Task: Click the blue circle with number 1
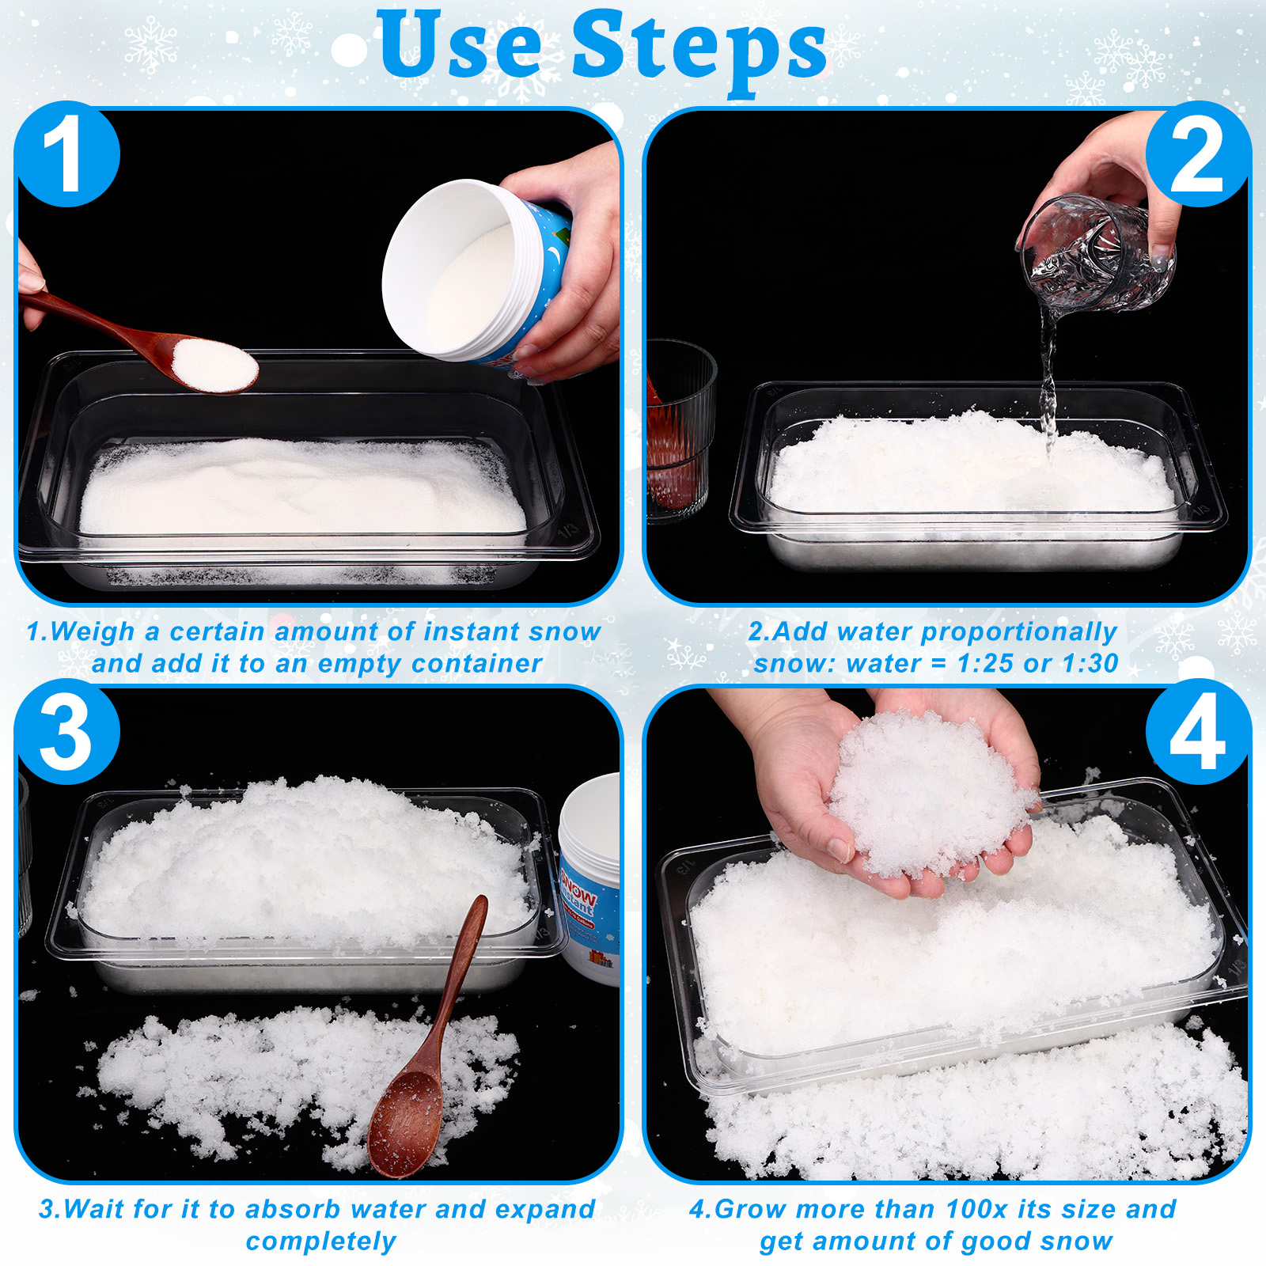[x=67, y=154]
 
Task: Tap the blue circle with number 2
[x=1198, y=154]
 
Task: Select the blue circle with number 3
[x=67, y=731]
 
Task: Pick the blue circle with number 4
[x=1198, y=731]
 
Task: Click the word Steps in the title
[x=699, y=49]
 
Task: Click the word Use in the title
[x=460, y=44]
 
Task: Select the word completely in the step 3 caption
[x=320, y=1241]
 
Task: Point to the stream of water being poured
[x=1048, y=380]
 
